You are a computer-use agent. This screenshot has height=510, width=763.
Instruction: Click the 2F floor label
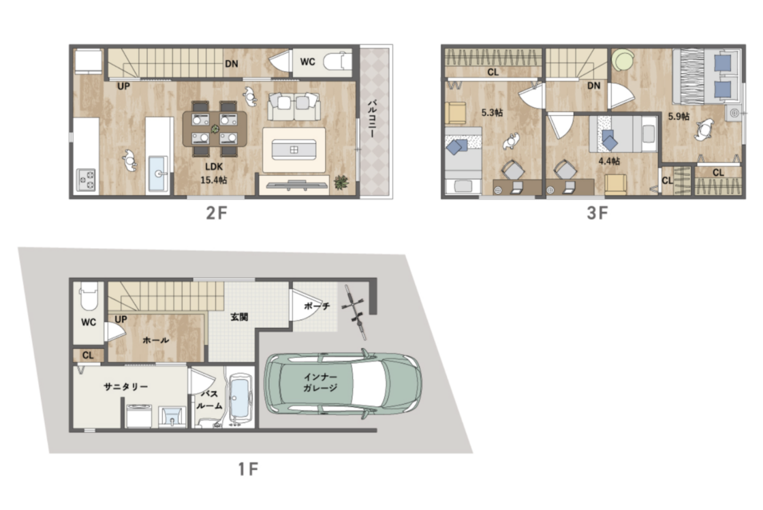pyautogui.click(x=217, y=213)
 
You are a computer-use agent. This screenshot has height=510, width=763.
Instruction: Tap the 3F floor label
pyautogui.click(x=597, y=213)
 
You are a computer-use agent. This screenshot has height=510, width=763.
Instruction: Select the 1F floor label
pyautogui.click(x=248, y=469)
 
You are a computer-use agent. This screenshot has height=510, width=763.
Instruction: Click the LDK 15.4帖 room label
pyautogui.click(x=214, y=173)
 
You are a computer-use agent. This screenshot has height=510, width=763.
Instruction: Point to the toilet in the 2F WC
pyautogui.click(x=337, y=62)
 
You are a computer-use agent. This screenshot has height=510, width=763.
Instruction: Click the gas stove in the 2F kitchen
pyautogui.click(x=86, y=179)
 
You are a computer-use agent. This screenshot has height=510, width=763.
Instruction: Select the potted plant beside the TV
pyautogui.click(x=341, y=183)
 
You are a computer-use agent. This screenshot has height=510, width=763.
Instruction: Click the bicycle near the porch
pyautogui.click(x=355, y=312)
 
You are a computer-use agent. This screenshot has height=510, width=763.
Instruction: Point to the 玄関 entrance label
pyautogui.click(x=239, y=317)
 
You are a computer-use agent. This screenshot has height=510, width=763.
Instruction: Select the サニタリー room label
pyautogui.click(x=125, y=387)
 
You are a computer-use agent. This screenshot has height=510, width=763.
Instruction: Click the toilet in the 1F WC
pyautogui.click(x=89, y=296)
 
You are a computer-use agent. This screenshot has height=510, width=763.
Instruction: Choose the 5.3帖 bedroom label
pyautogui.click(x=492, y=112)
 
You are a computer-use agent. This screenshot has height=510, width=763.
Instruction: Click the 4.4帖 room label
pyautogui.click(x=609, y=161)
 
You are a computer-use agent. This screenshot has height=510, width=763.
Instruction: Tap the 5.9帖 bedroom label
pyautogui.click(x=679, y=117)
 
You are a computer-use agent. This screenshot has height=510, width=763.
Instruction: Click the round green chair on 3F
pyautogui.click(x=623, y=60)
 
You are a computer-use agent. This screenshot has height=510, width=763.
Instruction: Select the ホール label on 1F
pyautogui.click(x=156, y=340)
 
